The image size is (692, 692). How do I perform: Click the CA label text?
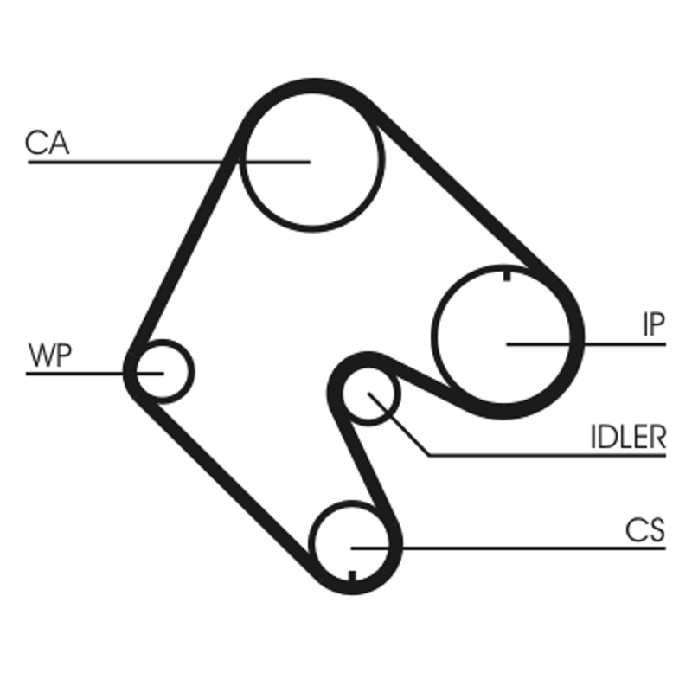[x=48, y=142]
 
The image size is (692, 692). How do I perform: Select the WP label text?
[x=50, y=356]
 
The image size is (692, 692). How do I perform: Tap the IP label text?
[x=654, y=324]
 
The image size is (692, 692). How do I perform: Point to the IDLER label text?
[x=628, y=437]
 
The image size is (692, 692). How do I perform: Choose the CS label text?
[x=644, y=530]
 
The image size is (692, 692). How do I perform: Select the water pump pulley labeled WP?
[x=163, y=372]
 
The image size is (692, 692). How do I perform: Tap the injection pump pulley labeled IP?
[x=503, y=336]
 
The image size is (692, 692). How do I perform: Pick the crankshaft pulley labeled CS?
[x=351, y=544]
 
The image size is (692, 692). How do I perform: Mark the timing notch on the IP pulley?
[x=507, y=275]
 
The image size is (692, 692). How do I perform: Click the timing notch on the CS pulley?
[x=352, y=575]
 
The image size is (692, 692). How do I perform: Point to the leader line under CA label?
[x=170, y=163]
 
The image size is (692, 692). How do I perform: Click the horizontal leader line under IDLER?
[x=548, y=456]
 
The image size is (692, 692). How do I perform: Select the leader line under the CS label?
[x=509, y=548]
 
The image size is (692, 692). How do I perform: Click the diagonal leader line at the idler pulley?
[x=399, y=424]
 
